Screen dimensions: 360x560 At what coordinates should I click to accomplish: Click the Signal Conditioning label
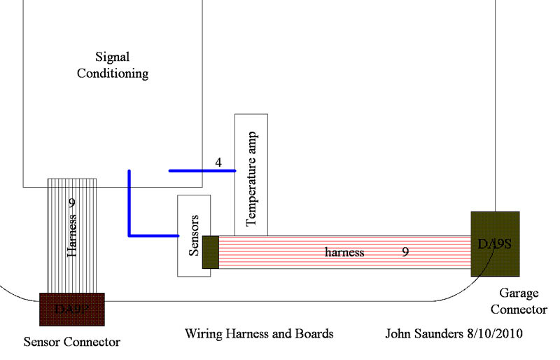122,64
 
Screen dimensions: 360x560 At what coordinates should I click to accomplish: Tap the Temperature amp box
251,175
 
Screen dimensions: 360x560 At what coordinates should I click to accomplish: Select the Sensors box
194,235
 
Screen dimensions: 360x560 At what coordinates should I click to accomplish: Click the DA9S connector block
495,244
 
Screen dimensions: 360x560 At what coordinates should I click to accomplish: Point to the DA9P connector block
71,308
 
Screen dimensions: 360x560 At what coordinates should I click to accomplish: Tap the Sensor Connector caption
72,342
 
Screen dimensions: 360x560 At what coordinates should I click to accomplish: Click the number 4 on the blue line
218,162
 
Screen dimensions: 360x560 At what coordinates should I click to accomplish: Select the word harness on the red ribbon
344,252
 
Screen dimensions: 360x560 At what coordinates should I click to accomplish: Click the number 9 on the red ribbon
405,251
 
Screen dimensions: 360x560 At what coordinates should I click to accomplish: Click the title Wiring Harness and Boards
259,333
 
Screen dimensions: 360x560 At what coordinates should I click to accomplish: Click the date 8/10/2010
497,333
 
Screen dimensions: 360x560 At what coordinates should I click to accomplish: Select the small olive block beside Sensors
211,252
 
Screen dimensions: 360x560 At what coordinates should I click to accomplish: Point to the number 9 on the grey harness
71,203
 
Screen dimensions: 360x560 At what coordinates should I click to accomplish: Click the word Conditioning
122,72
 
